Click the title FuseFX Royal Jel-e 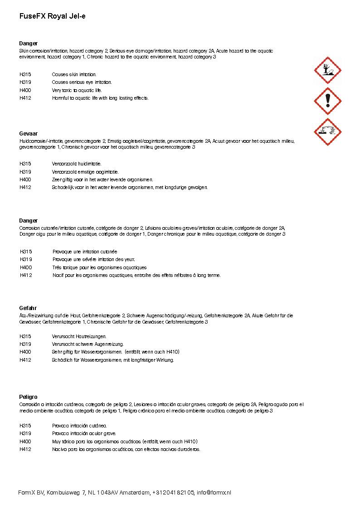point(52,16)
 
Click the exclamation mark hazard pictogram point(327,101)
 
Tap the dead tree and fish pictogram point(327,70)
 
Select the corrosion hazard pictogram point(327,131)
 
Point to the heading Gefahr point(28,308)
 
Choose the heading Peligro point(28,397)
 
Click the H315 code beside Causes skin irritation point(25,74)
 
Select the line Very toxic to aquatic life point(77,90)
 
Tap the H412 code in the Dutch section point(25,187)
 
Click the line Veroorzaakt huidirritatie point(77,164)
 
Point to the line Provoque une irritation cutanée point(85,252)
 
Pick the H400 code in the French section point(26,267)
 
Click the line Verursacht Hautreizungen point(79,336)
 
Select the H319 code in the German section point(25,344)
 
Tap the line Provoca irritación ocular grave point(84,433)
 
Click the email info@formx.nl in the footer point(214,493)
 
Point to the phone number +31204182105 point(173,493)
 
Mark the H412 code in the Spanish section point(25,449)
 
